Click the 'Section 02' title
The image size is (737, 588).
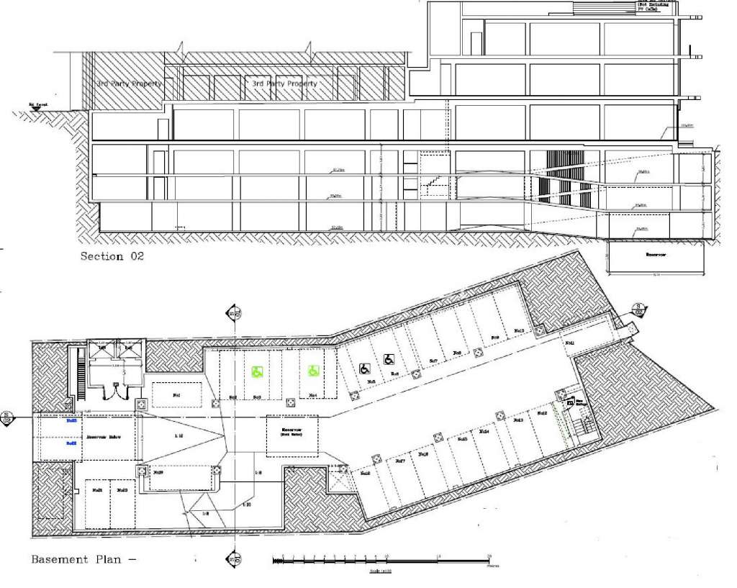112,256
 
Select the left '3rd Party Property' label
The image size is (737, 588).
130,83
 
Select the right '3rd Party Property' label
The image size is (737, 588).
284,83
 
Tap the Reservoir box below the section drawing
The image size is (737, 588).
654,255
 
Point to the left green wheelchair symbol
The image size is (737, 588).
256,372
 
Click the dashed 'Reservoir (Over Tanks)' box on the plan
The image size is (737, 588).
290,435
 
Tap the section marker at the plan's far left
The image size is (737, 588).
6,416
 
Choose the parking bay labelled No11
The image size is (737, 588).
569,343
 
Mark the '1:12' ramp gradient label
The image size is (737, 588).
176,436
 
